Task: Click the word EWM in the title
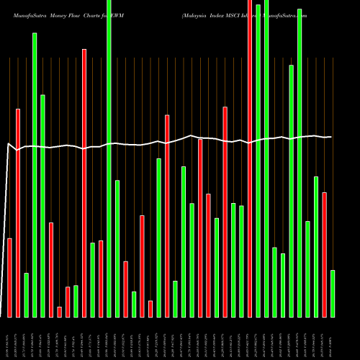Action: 117,14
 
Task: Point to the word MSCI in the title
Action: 237,14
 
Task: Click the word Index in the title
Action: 218,14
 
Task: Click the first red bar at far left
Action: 9,277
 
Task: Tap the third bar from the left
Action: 26,294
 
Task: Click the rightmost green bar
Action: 333,293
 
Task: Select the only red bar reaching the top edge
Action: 250,158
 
